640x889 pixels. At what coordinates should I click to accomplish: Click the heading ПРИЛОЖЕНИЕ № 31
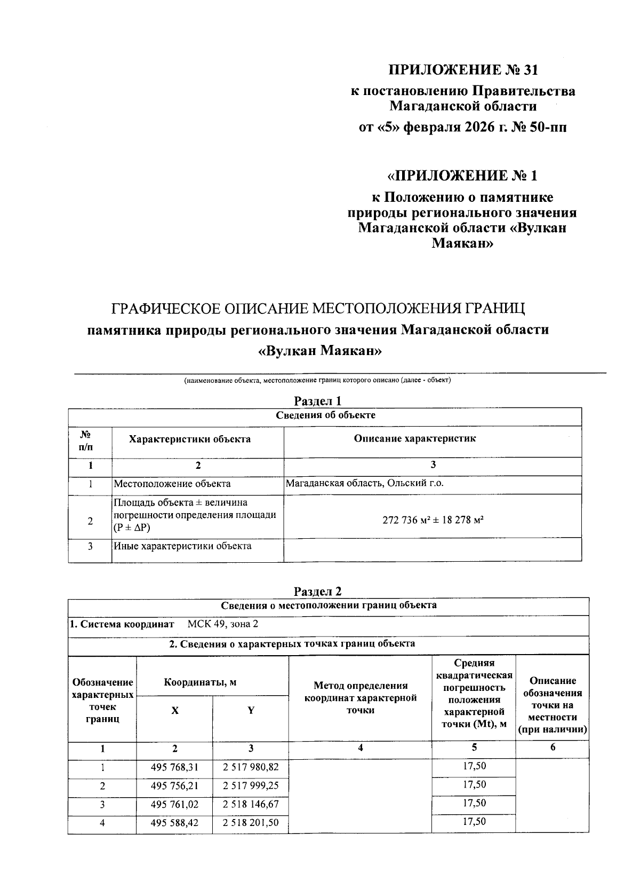tap(463, 70)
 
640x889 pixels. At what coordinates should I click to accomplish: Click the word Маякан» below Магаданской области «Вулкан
tap(462, 244)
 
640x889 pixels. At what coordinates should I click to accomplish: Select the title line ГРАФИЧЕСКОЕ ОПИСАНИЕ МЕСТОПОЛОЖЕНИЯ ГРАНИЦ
tap(318, 309)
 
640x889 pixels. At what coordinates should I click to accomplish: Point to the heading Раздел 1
tap(318, 401)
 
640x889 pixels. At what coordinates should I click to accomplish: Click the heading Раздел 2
tap(318, 591)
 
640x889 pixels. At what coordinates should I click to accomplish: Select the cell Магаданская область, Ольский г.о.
tap(365, 483)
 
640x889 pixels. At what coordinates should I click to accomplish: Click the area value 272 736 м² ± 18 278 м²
tap(433, 520)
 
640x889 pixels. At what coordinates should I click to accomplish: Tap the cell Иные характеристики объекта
tap(182, 546)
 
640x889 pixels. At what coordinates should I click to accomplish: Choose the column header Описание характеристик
tap(415, 438)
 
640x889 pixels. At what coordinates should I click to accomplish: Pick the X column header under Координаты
tap(174, 711)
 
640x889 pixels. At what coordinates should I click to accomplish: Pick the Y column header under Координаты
tap(251, 711)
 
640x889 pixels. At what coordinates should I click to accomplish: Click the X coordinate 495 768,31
tap(174, 768)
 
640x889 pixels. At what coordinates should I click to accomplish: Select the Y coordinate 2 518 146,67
tap(251, 804)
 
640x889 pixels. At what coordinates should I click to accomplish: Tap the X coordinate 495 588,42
tap(174, 823)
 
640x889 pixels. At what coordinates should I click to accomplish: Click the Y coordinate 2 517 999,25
tap(251, 786)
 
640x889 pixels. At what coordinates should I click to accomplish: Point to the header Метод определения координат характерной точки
tap(360, 697)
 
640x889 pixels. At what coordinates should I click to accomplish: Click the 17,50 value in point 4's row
tap(474, 821)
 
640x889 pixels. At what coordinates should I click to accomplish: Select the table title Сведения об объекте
tap(325, 415)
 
